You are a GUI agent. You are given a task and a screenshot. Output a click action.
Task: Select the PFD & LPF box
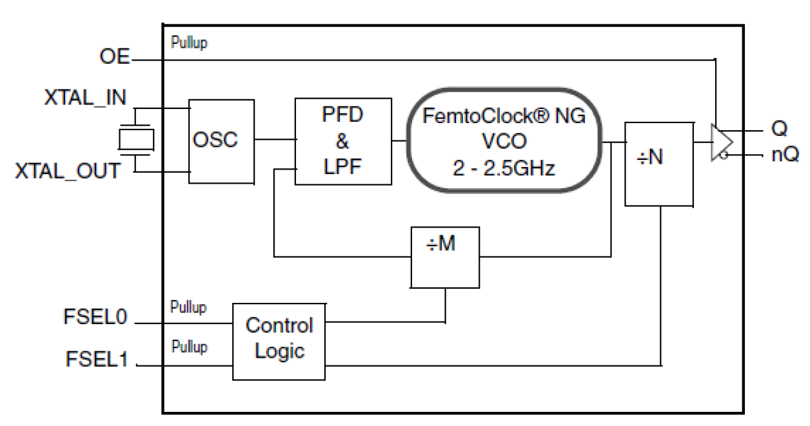pyautogui.click(x=343, y=140)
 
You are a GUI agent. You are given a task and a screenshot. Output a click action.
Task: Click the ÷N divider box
pyautogui.click(x=659, y=164)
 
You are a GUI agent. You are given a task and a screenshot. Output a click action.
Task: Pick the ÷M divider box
pyautogui.click(x=446, y=256)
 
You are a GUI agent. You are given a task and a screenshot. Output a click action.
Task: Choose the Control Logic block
pyautogui.click(x=279, y=340)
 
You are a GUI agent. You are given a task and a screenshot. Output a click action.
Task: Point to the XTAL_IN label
pyautogui.click(x=85, y=98)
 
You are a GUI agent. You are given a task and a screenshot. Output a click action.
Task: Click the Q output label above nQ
pyautogui.click(x=780, y=130)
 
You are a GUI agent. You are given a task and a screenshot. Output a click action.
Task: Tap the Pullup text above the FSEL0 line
pyautogui.click(x=189, y=307)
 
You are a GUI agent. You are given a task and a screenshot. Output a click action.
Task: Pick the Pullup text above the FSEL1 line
pyautogui.click(x=189, y=347)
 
